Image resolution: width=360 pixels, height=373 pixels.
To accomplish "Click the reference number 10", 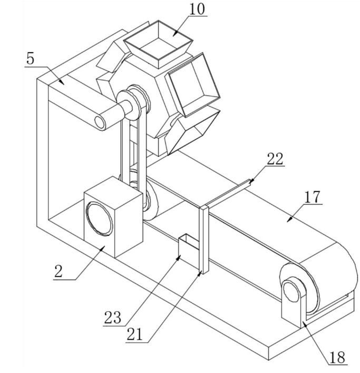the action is coord(197,9).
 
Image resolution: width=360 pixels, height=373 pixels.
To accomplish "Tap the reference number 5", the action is coord(30,59).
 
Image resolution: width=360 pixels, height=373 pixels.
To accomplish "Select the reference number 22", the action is coord(275,159).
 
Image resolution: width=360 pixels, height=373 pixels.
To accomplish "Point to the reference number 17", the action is coord(312,197).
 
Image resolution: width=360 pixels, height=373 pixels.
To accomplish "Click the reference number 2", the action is coord(58,271).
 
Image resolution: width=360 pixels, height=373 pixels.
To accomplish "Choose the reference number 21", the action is coord(134,334).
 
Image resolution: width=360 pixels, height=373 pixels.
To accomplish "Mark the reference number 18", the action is coord(337,357).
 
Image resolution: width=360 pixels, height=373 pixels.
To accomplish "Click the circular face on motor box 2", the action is coord(99,219).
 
